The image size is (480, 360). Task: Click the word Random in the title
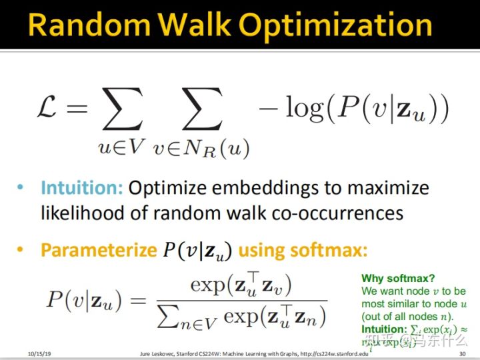pos(85,25)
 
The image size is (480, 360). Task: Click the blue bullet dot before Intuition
pos(22,188)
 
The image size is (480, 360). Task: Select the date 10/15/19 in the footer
pos(41,353)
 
